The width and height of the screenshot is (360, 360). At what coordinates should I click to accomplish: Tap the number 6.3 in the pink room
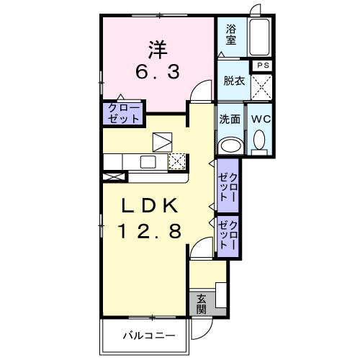[158, 71]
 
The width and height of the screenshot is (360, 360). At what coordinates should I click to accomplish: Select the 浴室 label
[231, 35]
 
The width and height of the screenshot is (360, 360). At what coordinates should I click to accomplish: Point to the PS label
[264, 66]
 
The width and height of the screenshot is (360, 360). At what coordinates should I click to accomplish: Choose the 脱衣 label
[233, 81]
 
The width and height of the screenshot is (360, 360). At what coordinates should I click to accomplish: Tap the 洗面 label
[230, 119]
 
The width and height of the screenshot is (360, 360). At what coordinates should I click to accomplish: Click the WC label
[260, 119]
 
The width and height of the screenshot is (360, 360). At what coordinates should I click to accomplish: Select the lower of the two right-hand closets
[230, 233]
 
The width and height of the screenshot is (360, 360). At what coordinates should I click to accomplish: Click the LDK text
[150, 205]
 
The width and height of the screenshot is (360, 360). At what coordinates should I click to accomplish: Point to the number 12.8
[150, 230]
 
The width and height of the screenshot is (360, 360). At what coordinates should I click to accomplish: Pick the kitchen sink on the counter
[149, 161]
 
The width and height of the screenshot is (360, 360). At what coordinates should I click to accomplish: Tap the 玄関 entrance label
[201, 304]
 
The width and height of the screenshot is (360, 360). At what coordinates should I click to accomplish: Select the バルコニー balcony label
[143, 335]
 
